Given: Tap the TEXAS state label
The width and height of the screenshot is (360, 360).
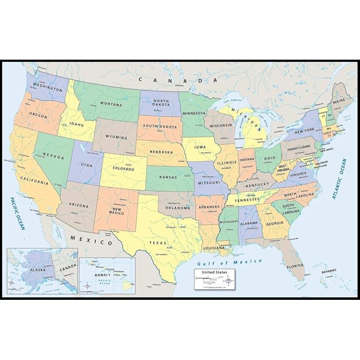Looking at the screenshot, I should click(158, 242).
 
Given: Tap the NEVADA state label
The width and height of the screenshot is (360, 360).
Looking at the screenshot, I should click(53, 156).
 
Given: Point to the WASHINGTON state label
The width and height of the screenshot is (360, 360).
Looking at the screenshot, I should click(44, 86).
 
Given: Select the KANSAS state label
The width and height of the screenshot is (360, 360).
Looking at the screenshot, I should click(169, 176).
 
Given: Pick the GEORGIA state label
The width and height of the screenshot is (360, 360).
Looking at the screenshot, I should click(275, 223).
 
